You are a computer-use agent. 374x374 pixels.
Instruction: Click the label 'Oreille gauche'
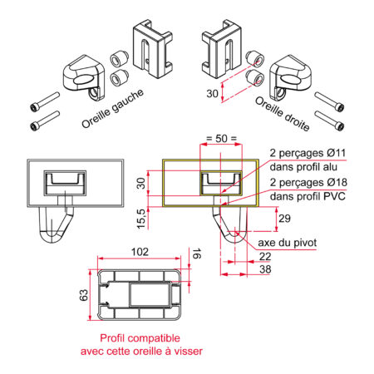point(113,108)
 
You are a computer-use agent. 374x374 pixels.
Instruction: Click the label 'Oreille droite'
point(283,114)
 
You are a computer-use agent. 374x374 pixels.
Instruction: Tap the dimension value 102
point(140,252)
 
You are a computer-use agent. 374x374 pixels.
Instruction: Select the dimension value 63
point(84,295)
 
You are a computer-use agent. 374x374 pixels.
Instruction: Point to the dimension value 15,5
point(141,219)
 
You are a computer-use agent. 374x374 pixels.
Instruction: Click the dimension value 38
point(265,269)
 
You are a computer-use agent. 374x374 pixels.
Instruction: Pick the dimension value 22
point(265,257)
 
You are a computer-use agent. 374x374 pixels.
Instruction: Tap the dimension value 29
point(284,219)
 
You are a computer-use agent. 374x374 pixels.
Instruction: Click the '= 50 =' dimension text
point(222,138)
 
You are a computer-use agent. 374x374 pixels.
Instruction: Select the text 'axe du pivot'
point(288,243)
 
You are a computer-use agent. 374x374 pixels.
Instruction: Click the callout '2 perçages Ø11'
point(308,153)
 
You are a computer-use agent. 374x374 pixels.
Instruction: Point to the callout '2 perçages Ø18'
point(308,182)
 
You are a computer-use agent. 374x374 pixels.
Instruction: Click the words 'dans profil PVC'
point(308,196)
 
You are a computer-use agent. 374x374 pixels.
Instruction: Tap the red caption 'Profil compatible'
point(140,338)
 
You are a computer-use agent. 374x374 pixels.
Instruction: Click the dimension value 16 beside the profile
point(196,253)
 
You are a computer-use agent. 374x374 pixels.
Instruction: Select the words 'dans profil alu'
point(303,167)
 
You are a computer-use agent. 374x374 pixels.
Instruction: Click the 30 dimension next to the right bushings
point(212,94)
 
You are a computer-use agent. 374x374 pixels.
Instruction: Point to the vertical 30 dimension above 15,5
point(141,184)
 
